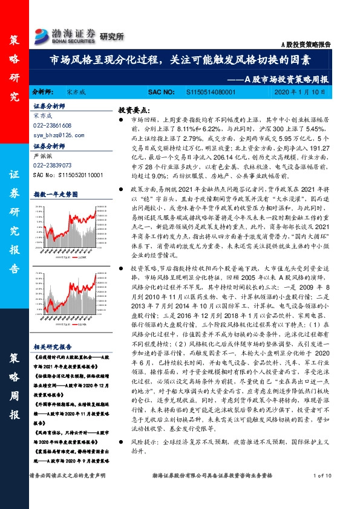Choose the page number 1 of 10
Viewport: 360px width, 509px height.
(324, 494)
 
